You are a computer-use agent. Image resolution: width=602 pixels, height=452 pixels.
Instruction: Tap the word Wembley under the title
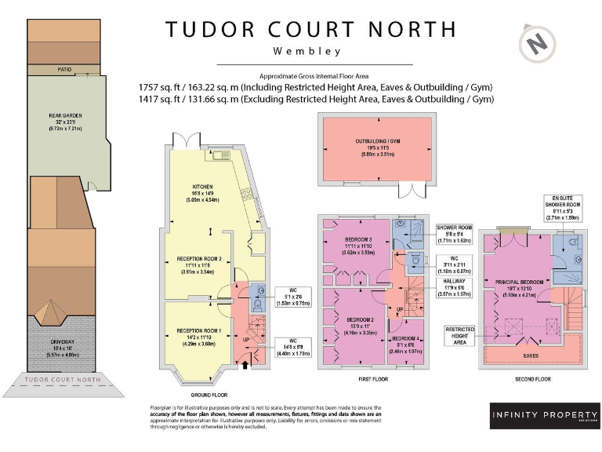(307, 52)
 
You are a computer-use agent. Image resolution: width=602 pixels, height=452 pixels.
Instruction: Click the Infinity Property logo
(546, 415)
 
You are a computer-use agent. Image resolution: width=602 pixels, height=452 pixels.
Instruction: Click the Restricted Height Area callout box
(460, 335)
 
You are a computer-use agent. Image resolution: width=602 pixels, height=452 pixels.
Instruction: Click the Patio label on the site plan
(65, 70)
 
